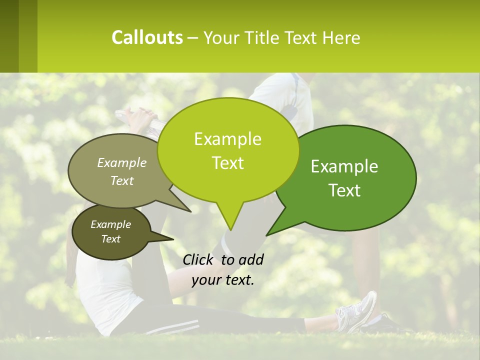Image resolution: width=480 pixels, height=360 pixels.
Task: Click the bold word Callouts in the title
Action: tap(147, 37)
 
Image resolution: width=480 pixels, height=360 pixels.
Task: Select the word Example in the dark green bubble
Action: tap(344, 166)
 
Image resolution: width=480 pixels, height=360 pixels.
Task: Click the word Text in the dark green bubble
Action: tap(344, 190)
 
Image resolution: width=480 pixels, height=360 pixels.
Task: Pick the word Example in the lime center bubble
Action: tap(227, 139)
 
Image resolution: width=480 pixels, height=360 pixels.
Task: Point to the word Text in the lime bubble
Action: tap(227, 163)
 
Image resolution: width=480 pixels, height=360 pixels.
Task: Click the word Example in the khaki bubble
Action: tap(122, 163)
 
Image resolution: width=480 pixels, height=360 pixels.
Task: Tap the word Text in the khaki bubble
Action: tap(122, 180)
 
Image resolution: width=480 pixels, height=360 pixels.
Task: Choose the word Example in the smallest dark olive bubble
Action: tap(111, 224)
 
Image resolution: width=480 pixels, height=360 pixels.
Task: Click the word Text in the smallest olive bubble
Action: tap(111, 239)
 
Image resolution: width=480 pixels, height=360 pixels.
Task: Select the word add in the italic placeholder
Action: tap(251, 259)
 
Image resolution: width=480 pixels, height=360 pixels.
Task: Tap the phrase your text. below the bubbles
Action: tap(223, 280)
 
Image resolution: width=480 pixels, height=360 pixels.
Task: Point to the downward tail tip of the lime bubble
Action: tap(230, 230)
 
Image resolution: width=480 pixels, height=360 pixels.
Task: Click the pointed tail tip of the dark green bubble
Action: tap(267, 235)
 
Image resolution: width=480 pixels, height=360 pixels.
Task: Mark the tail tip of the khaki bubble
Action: tap(191, 211)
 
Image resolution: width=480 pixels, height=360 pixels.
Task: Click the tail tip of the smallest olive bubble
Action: tap(173, 239)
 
